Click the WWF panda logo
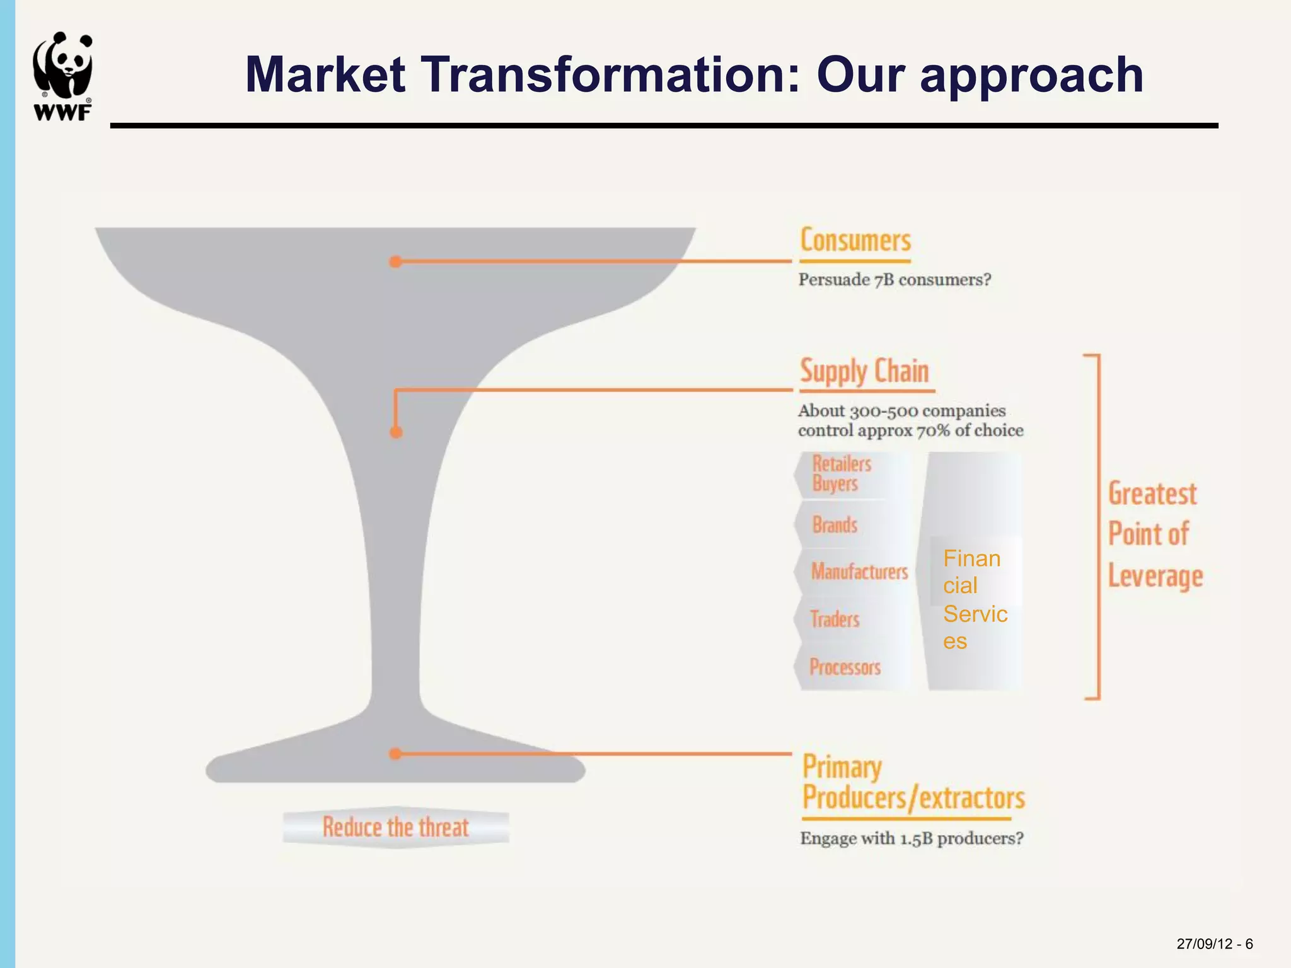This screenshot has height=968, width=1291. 62,76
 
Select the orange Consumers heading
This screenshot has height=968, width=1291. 855,241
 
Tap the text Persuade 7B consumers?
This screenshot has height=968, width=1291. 894,280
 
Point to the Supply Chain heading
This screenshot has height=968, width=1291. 864,371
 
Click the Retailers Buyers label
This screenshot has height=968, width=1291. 842,474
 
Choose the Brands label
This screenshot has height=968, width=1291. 835,524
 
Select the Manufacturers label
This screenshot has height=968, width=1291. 859,572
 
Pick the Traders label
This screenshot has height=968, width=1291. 835,619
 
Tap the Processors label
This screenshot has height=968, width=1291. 845,667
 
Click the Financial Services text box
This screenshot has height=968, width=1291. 975,599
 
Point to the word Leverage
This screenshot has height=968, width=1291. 1155,577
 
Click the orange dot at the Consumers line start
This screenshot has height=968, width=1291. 395,262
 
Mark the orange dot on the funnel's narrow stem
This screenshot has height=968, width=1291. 396,432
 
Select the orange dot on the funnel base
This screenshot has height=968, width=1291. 395,754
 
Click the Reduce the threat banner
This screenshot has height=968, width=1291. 396,827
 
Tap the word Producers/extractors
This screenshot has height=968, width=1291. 913,798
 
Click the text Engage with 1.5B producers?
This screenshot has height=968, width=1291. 912,839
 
